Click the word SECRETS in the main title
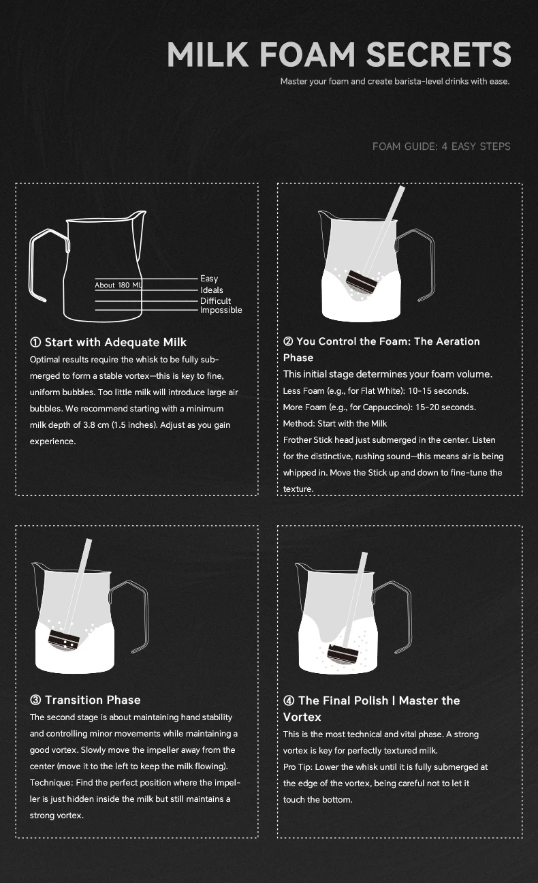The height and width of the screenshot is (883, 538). click(439, 54)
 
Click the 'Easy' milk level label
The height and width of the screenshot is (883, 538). click(209, 279)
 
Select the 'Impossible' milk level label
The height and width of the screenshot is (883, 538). click(221, 310)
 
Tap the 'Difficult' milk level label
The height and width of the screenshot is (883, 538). click(215, 300)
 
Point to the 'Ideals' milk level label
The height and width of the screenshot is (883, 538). click(211, 290)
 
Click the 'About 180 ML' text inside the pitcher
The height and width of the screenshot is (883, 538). click(118, 285)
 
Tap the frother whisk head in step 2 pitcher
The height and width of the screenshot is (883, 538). click(362, 282)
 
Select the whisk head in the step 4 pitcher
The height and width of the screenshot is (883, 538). click(342, 655)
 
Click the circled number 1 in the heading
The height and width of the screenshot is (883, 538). click(35, 342)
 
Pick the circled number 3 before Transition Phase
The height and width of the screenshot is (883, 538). click(35, 700)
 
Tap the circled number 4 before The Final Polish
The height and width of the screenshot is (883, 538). click(289, 700)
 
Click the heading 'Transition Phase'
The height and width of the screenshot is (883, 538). click(93, 700)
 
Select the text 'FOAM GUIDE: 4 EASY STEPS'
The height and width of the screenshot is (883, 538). click(441, 146)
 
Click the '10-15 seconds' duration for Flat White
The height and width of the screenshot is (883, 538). click(438, 390)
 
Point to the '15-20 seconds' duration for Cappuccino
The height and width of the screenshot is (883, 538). click(445, 407)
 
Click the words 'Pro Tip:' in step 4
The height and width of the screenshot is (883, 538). click(298, 767)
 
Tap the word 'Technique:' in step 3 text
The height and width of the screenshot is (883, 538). click(52, 782)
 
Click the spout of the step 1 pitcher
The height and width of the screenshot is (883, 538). click(138, 215)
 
